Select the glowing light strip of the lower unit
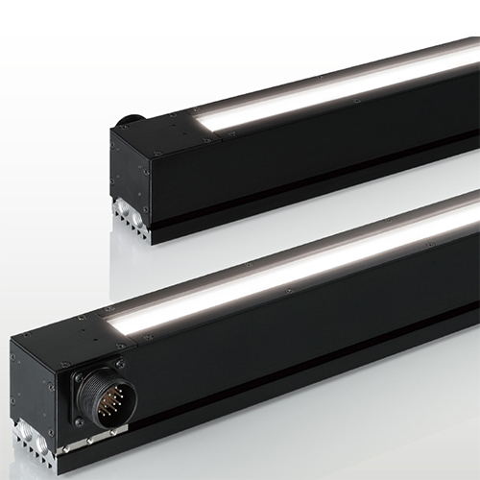click(288, 269)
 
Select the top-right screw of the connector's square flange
click(121, 362)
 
